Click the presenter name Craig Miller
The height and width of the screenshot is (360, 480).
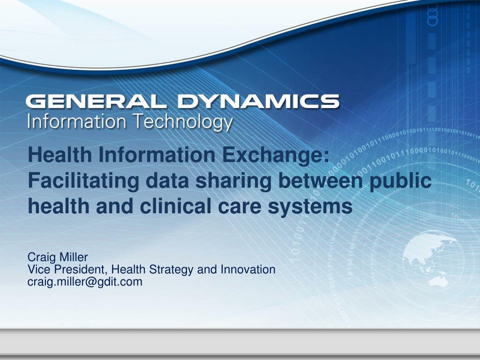pyautogui.click(x=58, y=257)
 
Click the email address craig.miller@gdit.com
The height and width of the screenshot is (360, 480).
pyautogui.click(x=85, y=281)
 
